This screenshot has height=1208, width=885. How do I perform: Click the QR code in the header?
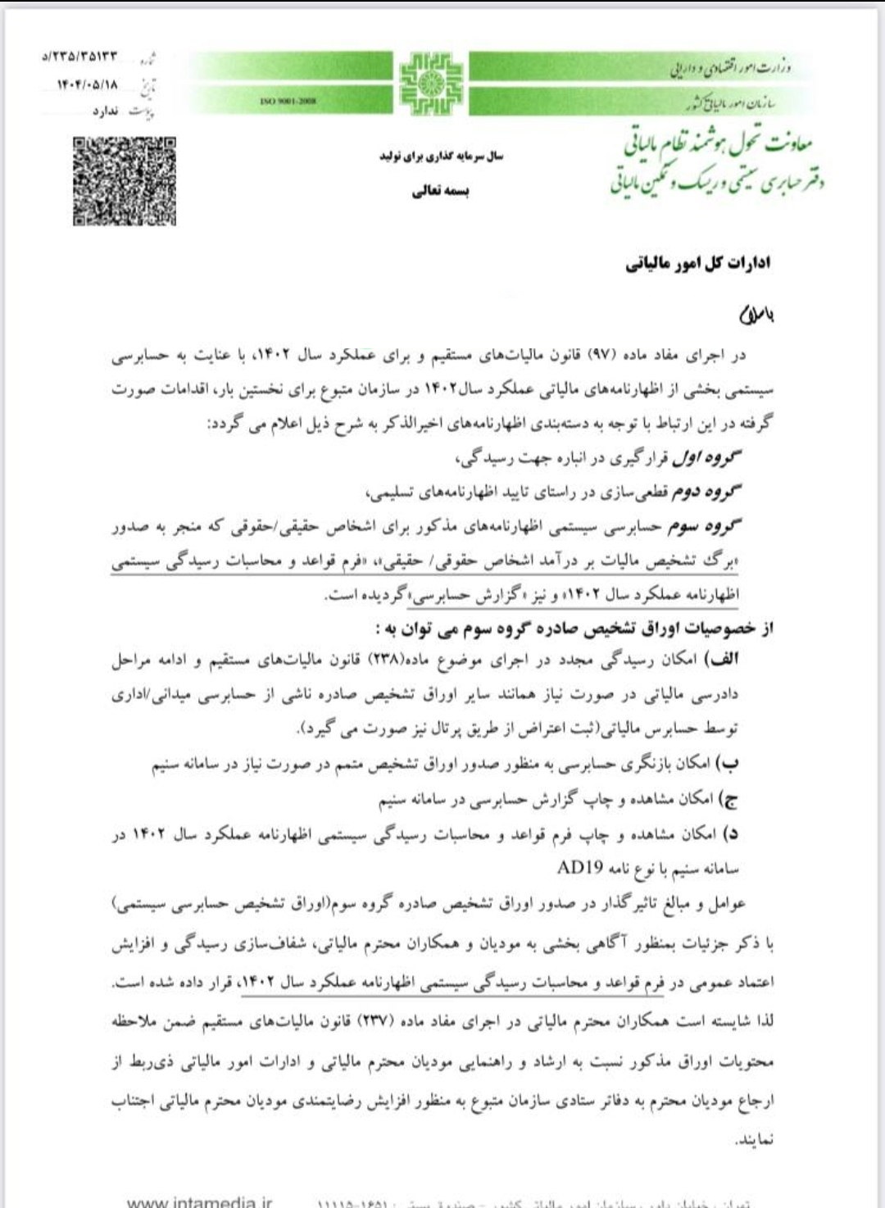(x=125, y=180)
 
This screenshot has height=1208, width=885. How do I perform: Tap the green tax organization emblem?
(x=430, y=83)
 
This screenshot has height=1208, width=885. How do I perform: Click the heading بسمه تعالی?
(x=440, y=191)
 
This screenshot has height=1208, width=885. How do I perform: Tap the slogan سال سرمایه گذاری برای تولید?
(x=441, y=156)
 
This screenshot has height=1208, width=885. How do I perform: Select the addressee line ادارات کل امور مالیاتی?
(x=697, y=264)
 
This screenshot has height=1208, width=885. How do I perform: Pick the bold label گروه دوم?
(x=707, y=493)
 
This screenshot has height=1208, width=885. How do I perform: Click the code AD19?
(x=580, y=868)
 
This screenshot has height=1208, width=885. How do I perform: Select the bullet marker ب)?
(x=728, y=763)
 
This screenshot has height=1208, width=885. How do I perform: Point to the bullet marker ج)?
(x=728, y=798)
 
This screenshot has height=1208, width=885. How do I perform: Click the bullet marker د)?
(x=729, y=833)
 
